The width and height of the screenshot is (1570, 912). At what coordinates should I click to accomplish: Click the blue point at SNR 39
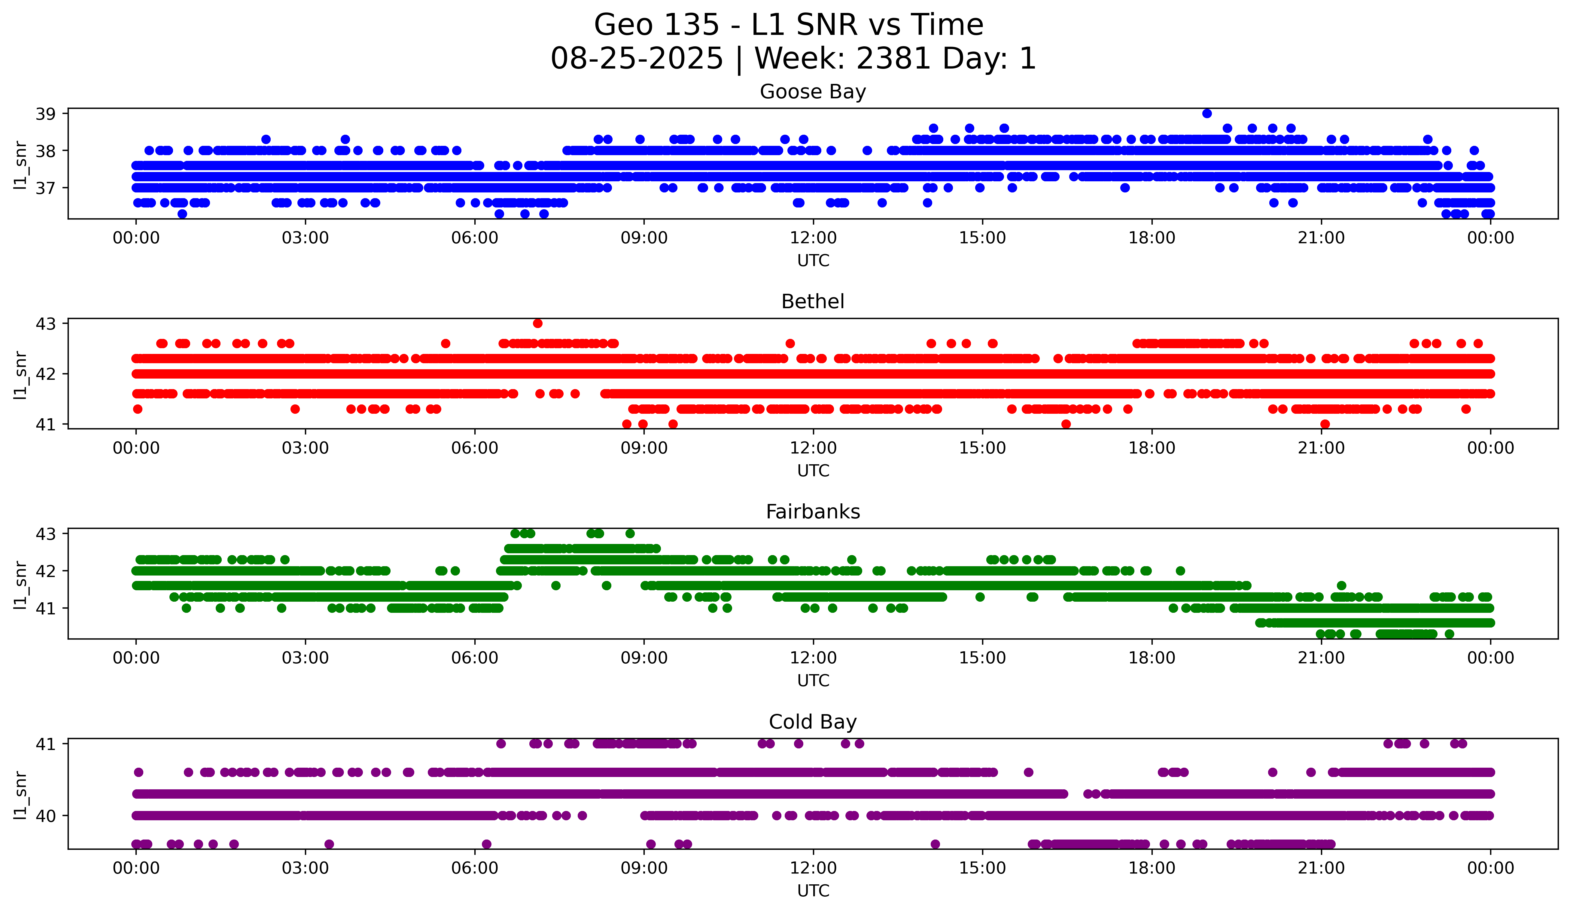[1207, 113]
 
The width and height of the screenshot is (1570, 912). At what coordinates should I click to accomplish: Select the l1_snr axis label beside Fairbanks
[20, 584]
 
